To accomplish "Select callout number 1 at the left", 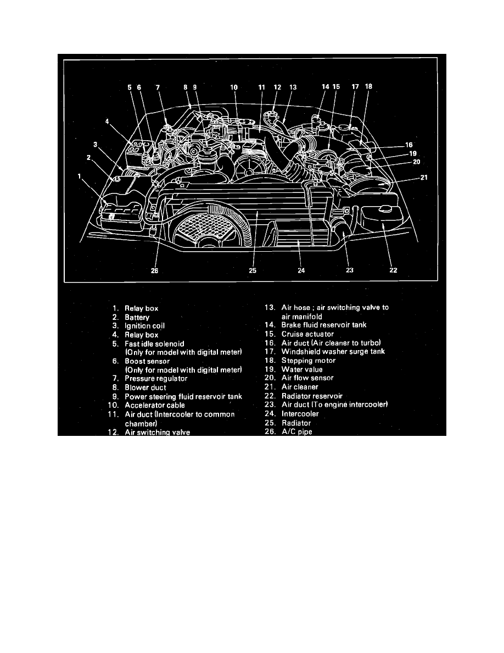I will pos(81,176).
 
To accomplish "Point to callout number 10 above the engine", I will pos(233,87).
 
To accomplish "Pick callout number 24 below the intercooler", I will pos(300,270).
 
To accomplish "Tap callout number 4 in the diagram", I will pos(108,121).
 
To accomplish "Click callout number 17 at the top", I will pos(355,87).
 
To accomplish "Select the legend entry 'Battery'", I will pos(137,317).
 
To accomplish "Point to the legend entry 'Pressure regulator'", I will pos(156,379).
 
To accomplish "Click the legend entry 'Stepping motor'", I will pos(308,360).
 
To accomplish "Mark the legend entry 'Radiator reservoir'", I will pos(312,396).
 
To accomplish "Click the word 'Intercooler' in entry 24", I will pos(300,413).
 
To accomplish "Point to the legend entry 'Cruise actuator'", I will pos(307,334).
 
